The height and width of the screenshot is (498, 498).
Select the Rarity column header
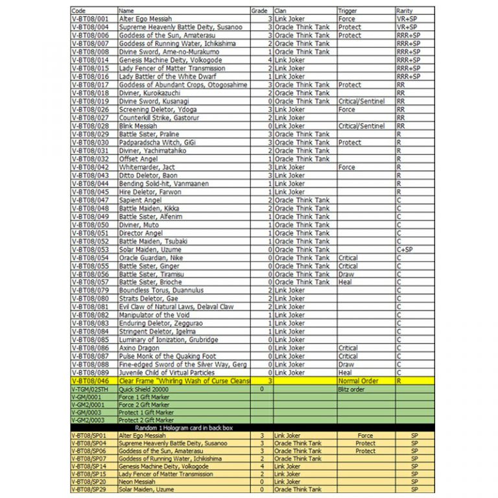[x=404, y=11]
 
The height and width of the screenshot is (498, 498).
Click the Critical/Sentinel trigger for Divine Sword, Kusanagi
[x=361, y=101]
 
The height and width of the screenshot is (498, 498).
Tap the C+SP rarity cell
[x=405, y=250]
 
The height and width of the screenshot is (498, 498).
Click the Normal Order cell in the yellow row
[x=358, y=381]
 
